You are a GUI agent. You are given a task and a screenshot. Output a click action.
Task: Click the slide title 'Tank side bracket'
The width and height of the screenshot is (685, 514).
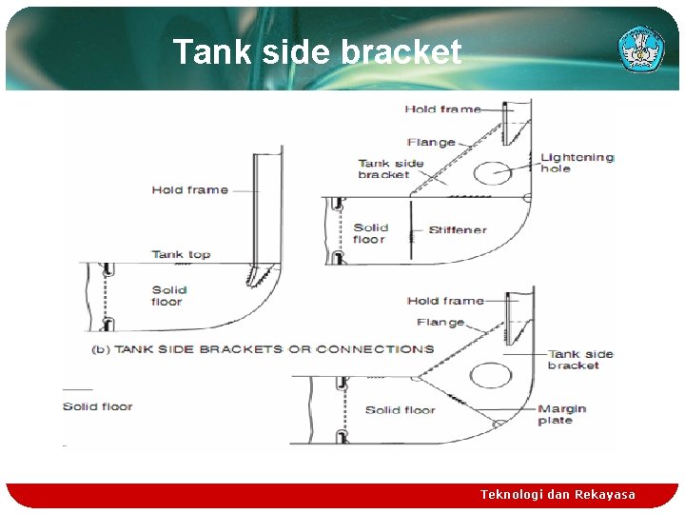click(317, 52)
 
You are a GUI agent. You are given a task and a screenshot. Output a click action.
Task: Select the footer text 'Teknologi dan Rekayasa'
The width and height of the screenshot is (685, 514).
click(558, 494)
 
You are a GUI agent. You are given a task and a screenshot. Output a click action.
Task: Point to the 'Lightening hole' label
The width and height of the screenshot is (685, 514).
click(577, 163)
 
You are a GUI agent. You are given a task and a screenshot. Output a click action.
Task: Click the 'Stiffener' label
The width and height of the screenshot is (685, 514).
click(458, 230)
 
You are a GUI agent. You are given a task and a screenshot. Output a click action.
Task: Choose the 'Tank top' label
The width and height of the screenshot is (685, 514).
click(181, 254)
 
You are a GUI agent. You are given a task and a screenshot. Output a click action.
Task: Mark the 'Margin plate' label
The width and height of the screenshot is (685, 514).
click(561, 414)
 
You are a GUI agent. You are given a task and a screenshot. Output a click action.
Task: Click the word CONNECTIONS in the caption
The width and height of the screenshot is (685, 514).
click(375, 349)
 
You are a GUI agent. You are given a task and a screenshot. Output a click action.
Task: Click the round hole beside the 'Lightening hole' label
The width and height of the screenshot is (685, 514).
click(494, 172)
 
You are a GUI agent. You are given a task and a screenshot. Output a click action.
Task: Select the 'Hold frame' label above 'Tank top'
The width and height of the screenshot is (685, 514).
click(189, 190)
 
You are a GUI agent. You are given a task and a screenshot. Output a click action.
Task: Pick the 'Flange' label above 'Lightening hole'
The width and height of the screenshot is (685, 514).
click(431, 143)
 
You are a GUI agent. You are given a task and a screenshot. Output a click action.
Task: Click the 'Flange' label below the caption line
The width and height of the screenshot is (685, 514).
click(440, 323)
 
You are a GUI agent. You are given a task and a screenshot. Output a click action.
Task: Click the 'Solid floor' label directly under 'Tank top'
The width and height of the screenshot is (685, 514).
click(168, 296)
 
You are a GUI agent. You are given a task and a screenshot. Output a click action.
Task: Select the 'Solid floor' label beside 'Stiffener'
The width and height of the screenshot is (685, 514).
click(370, 233)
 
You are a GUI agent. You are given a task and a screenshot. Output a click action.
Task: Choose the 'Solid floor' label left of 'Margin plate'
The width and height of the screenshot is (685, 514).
click(400, 410)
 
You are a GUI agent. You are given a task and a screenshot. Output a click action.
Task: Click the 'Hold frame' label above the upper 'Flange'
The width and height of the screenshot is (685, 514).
click(442, 109)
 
